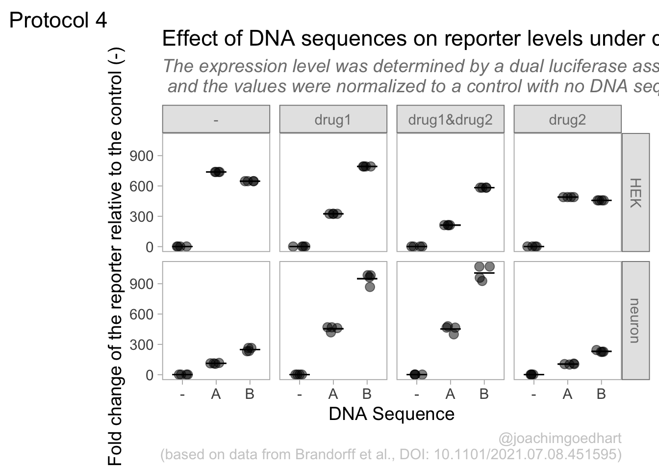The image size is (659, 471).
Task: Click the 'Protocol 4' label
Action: [x=58, y=21]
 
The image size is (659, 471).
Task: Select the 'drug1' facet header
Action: [x=333, y=120]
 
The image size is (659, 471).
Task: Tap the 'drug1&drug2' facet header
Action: [x=450, y=120]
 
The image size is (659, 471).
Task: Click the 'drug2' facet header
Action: [x=567, y=120]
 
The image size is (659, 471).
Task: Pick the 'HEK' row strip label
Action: [x=635, y=192]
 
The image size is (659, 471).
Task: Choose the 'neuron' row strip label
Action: [x=635, y=320]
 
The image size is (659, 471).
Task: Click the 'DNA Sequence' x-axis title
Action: [x=391, y=414]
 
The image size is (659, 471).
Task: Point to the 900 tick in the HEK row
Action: [x=141, y=156]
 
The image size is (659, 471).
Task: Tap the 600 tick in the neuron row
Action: [x=141, y=314]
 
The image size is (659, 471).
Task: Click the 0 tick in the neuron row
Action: [x=149, y=375]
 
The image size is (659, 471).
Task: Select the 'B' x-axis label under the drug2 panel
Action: [x=601, y=394]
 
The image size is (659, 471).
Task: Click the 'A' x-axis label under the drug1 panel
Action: [x=333, y=394]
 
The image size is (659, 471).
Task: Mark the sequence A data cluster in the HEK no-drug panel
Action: [x=216, y=172]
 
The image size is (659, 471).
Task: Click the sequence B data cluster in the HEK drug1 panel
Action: [x=366, y=166]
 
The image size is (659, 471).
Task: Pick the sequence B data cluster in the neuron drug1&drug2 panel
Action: [x=484, y=273]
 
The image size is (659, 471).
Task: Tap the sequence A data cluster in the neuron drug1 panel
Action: [x=333, y=328]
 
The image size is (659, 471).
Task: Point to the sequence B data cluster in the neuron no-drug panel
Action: [x=250, y=349]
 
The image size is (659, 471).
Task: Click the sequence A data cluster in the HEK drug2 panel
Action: [x=567, y=197]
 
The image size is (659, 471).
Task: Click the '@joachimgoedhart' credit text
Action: [x=559, y=438]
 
